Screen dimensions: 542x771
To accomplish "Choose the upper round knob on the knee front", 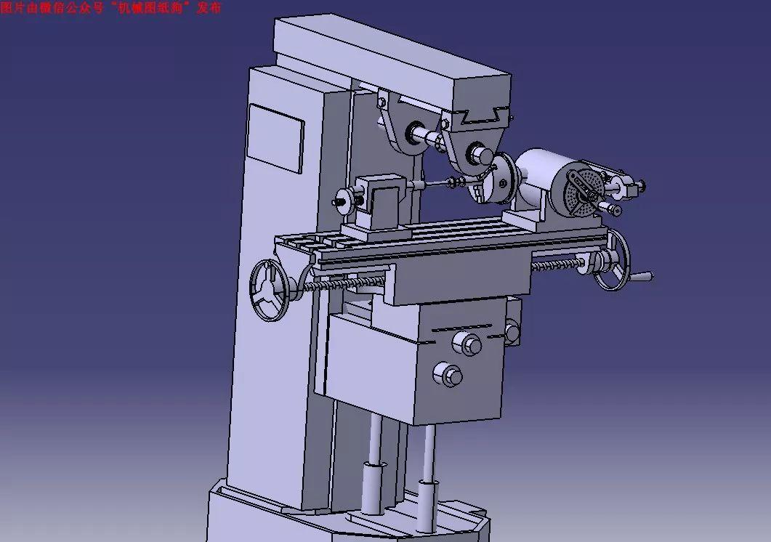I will [x=465, y=341].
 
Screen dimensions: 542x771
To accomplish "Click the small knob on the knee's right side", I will [x=512, y=332].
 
